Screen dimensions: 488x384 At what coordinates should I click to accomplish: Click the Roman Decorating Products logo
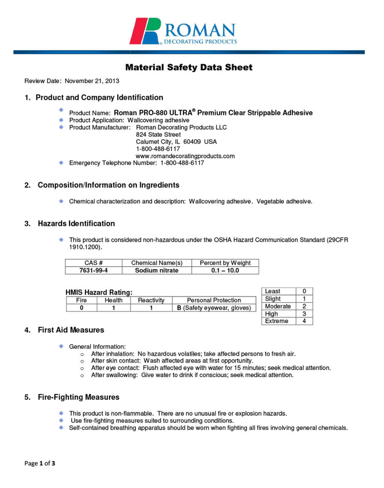pyautogui.click(x=183, y=32)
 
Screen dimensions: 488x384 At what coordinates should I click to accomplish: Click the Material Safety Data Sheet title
pyautogui.click(x=189, y=68)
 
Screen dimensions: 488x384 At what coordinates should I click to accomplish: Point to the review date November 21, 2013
pyautogui.click(x=92, y=81)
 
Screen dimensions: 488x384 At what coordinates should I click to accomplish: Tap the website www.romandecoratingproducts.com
pyautogui.click(x=185, y=156)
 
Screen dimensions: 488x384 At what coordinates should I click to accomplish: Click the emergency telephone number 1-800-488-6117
pyautogui.click(x=182, y=163)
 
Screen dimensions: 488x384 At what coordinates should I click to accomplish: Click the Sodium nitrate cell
pyautogui.click(x=157, y=270)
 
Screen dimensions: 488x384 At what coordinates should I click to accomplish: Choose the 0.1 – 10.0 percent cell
pyautogui.click(x=225, y=270)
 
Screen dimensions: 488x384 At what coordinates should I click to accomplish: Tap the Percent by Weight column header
pyautogui.click(x=225, y=263)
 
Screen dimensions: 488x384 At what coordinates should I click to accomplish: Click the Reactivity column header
pyautogui.click(x=151, y=300)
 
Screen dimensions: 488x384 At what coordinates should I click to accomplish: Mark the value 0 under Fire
pyautogui.click(x=81, y=308)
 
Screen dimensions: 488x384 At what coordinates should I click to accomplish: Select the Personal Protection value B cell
pyautogui.click(x=214, y=308)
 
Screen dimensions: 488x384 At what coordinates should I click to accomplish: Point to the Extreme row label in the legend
pyautogui.click(x=276, y=321)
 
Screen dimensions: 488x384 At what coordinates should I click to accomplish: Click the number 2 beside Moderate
pyautogui.click(x=304, y=306)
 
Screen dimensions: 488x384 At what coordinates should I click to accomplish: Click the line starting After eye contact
pyautogui.click(x=210, y=368)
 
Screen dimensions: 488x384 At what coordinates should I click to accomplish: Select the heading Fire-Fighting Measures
pyautogui.click(x=78, y=397)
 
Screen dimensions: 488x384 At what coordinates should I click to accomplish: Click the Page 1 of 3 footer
pyautogui.click(x=40, y=463)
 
